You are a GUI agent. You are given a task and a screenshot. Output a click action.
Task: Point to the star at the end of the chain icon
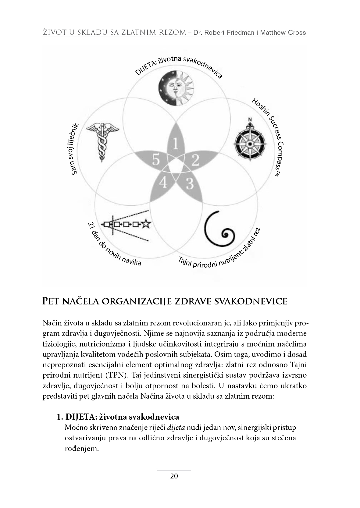pos(146,224)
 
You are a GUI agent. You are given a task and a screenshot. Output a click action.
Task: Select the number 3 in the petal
pos(190,184)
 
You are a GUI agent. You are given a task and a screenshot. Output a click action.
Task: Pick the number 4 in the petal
pos(163,183)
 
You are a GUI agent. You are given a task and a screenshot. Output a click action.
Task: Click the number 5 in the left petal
pos(156,160)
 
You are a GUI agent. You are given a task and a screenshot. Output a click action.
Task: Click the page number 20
pos(174,476)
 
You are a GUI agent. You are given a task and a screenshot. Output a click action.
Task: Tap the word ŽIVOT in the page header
pos(54,33)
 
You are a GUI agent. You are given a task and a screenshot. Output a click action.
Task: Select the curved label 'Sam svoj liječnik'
pos(75,149)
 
